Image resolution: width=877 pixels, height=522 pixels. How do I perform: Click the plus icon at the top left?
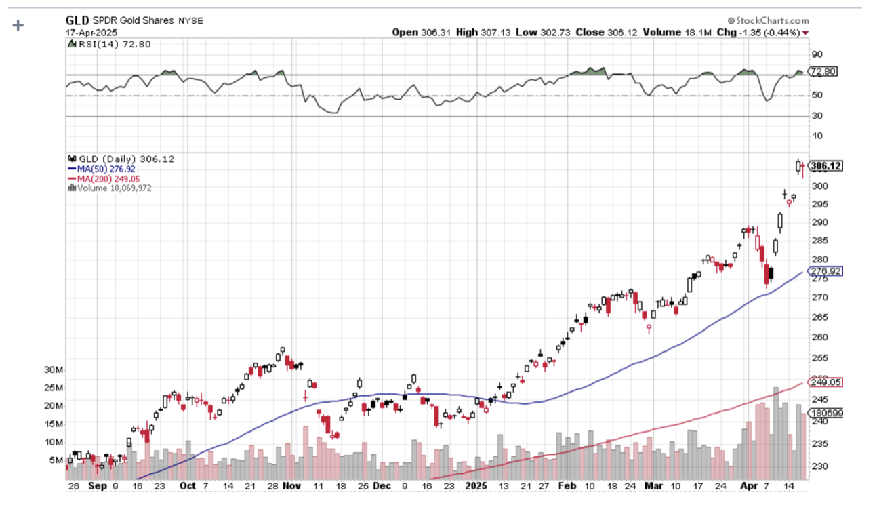(x=18, y=25)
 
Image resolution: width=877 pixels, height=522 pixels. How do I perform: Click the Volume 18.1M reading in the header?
(x=685, y=32)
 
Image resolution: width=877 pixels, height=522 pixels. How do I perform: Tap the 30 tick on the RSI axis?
(x=817, y=116)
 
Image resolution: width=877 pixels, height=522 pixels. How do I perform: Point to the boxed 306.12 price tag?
(x=825, y=166)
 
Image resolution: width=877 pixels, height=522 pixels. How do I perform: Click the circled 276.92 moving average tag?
(x=825, y=271)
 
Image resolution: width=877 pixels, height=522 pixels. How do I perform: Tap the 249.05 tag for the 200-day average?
(x=825, y=382)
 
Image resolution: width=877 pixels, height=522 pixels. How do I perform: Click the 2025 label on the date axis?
(x=477, y=486)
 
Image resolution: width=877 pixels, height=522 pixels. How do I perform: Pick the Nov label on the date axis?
(x=292, y=486)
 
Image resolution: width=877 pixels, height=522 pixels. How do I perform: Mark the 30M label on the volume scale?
(x=54, y=370)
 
